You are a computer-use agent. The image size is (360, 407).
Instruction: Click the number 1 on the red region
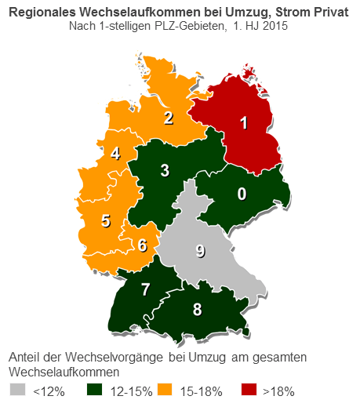pos(244,122)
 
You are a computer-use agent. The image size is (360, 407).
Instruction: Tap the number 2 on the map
pos(168,118)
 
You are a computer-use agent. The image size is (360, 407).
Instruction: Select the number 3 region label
pos(165,170)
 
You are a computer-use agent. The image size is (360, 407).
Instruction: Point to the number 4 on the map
pos(115,154)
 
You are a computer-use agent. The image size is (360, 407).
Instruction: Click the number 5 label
pos(106,220)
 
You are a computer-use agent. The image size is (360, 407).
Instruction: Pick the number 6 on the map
pos(142,245)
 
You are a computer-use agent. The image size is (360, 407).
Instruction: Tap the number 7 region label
pos(145,289)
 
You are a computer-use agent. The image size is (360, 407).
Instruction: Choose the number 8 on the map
pos(197,308)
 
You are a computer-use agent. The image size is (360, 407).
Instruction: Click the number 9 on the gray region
pos(200,251)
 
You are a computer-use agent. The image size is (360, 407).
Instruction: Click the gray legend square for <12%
pos(17,390)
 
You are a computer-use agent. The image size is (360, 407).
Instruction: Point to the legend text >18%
pos(278,391)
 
